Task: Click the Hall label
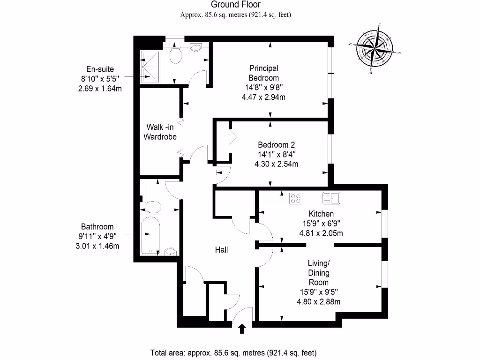221,250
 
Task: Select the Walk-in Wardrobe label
160,132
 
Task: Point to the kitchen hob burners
295,198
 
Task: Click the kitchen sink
331,198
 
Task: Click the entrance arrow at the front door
242,329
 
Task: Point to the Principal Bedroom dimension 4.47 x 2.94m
263,97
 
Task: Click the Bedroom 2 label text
276,145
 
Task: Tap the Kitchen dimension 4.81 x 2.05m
321,233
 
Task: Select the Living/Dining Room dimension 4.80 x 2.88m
318,302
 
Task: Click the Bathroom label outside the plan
97,226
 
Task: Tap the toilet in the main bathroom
153,207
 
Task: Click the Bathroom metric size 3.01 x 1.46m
97,246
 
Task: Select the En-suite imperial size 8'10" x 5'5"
100,79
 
